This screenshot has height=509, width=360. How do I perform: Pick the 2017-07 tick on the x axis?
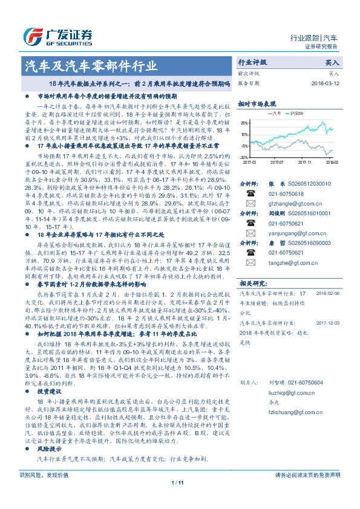(x=277, y=162)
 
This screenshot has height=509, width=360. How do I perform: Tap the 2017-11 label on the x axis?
(x=305, y=162)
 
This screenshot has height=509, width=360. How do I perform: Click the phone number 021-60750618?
(x=284, y=193)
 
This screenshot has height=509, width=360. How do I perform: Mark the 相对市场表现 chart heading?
(x=257, y=103)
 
